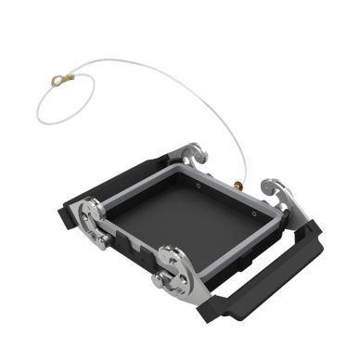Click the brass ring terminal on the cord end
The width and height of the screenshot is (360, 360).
pos(60,84)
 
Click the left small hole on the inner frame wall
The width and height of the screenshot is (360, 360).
pos(199,185)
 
